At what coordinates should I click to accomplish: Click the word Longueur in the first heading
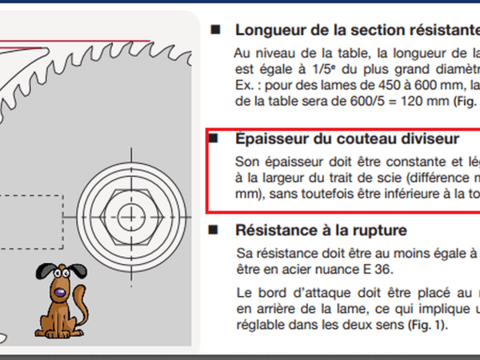269,30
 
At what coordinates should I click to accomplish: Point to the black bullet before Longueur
214,30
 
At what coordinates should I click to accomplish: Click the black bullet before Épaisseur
214,139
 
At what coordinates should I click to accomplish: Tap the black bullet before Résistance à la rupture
214,230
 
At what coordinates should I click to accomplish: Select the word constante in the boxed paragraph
408,158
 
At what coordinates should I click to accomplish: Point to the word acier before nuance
284,270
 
